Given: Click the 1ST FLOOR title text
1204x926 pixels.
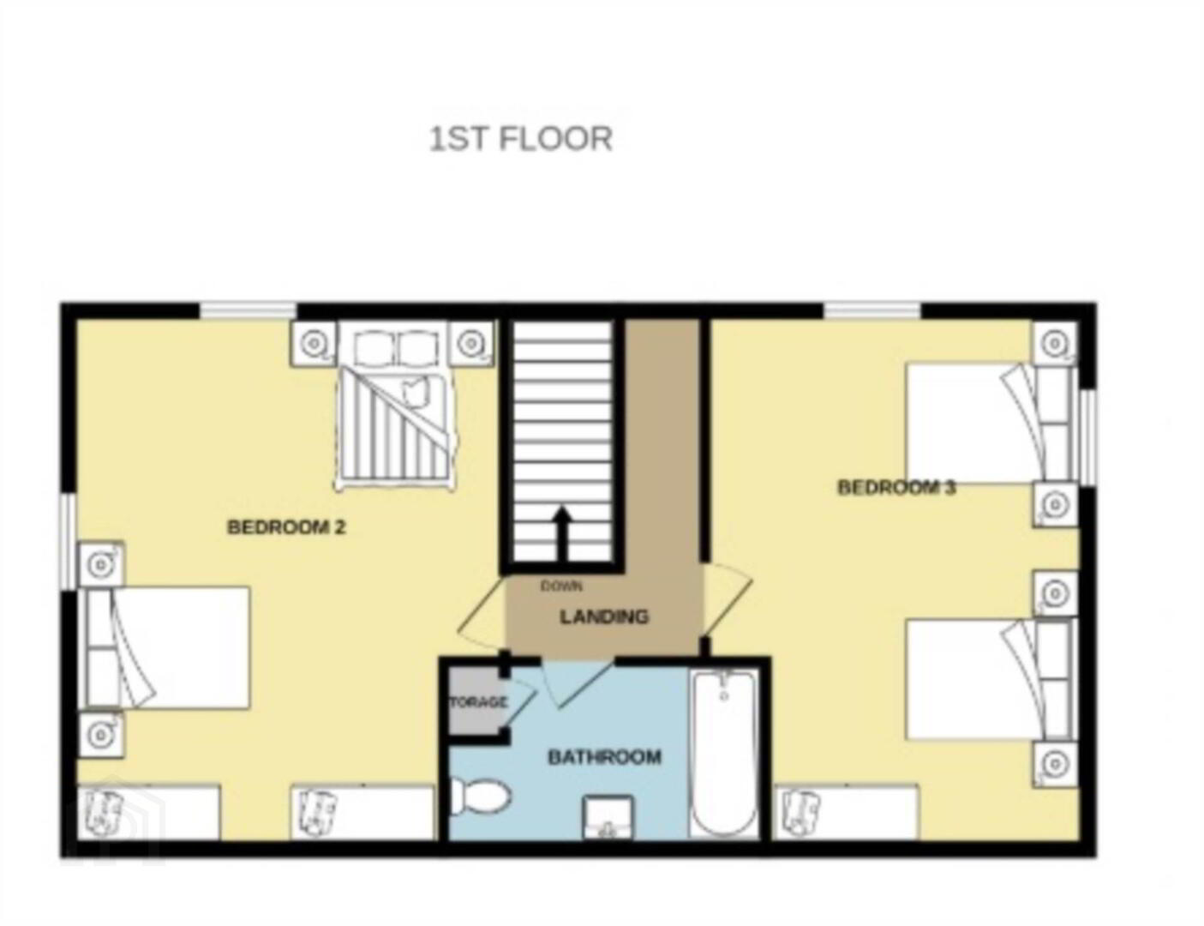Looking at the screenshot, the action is [521, 139].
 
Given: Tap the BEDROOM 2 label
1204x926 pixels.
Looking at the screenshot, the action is [286, 527].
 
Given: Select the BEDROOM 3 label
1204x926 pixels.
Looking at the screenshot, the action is [896, 488].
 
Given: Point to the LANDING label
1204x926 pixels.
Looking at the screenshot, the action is [604, 616].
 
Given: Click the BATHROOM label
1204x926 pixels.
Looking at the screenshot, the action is [604, 757].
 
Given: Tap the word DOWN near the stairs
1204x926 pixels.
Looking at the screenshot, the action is [561, 586].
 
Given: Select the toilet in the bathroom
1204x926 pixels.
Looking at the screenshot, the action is [479, 797].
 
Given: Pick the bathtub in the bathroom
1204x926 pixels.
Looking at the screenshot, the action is [723, 753].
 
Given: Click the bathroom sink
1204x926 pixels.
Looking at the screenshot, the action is [608, 818].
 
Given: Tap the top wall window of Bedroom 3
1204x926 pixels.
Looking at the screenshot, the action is [872, 310].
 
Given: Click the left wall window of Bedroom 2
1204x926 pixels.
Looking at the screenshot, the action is [69, 542].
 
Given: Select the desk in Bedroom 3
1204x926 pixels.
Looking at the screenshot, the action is [848, 812].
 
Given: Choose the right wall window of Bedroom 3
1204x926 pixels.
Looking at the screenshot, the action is [1088, 438].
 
